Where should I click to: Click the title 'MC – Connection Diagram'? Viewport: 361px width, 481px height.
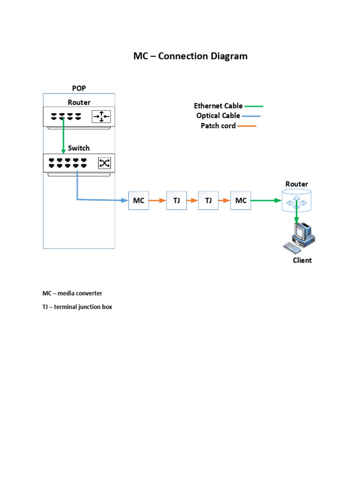pos(190,56)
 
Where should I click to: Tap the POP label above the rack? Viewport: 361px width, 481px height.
pos(79,88)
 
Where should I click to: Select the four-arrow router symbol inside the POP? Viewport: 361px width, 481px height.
pos(101,116)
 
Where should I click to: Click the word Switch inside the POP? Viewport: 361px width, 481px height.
pos(78,148)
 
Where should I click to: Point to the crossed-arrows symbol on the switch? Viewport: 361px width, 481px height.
pos(104,163)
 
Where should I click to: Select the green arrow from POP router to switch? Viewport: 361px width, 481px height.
pos(63,136)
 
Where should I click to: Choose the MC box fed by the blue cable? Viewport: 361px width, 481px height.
pos(139,201)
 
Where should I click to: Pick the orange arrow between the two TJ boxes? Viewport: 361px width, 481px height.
pos(192,201)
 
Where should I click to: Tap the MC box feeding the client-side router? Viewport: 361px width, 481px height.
pos(241,201)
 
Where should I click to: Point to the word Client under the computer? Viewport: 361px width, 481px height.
pos(302,260)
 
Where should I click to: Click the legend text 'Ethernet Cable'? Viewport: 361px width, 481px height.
pos(218,106)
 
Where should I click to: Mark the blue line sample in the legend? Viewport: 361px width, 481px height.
pos(251,116)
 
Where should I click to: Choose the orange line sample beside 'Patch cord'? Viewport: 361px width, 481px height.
pos(247,126)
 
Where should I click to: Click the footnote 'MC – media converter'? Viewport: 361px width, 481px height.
pos(72,293)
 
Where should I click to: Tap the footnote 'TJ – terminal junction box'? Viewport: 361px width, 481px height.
pos(77,307)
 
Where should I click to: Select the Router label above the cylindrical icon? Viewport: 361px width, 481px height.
pos(297,184)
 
